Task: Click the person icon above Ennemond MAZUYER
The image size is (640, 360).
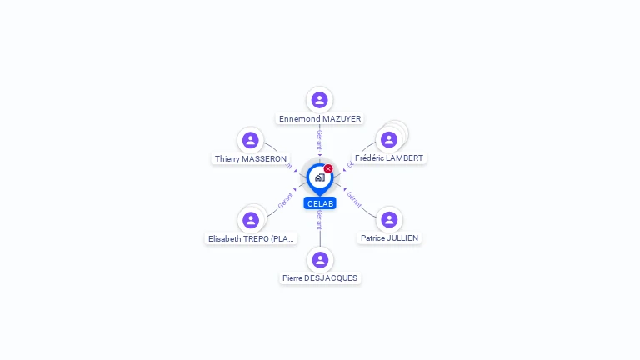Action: point(319,100)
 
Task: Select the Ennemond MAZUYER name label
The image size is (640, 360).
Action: point(320,119)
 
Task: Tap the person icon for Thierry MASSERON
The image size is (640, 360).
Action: point(250,140)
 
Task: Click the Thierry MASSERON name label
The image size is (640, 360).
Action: point(251,158)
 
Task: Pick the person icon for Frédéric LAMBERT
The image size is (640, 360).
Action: point(388,139)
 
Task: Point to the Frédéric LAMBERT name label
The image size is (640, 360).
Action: point(389,157)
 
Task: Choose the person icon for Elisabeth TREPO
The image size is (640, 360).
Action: point(251,220)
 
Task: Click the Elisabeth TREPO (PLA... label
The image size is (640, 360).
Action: point(251,238)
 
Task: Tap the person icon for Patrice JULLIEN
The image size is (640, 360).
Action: point(389,219)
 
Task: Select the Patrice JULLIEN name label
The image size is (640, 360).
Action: point(389,237)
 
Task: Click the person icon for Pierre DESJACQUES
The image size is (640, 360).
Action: point(320,259)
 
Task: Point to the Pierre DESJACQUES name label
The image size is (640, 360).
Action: point(320,277)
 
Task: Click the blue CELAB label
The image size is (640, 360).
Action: point(320,203)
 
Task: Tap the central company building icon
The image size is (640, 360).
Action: point(319,177)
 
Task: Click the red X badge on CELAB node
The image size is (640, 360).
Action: point(328,169)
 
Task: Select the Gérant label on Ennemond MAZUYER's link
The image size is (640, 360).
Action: point(319,139)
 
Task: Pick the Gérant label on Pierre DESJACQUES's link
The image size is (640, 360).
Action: point(319,220)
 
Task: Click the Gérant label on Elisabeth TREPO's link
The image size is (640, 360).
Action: point(286,200)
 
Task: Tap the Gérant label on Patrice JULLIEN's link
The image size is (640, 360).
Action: point(354,198)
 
